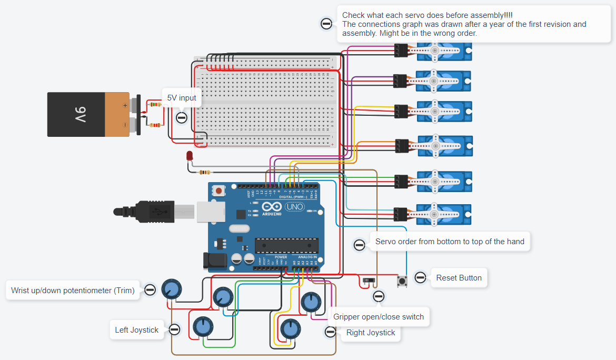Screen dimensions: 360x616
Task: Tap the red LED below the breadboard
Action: (190, 156)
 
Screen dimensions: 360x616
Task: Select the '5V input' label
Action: (182, 98)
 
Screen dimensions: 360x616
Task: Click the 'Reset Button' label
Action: (459, 277)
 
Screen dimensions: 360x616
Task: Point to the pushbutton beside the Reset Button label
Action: (403, 281)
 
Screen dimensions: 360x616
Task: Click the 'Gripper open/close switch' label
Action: (378, 316)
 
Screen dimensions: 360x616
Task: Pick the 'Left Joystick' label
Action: (136, 330)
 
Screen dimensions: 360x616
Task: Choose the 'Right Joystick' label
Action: (371, 332)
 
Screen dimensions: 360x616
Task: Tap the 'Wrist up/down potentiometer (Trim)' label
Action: (73, 290)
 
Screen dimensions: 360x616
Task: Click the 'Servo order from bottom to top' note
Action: (450, 242)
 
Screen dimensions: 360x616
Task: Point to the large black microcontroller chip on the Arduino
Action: (286, 245)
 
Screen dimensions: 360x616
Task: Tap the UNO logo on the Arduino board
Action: (294, 207)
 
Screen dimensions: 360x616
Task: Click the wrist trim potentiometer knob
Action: (172, 288)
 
